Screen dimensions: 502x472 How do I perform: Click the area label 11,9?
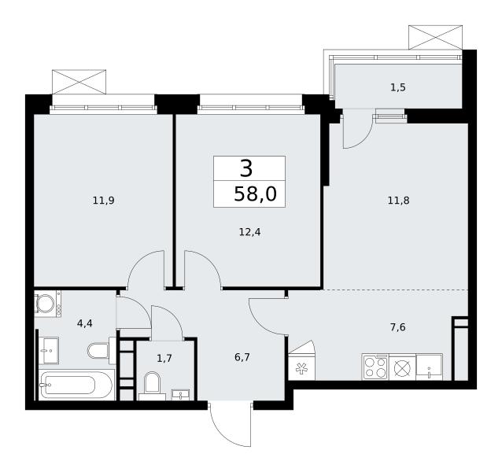pyautogui.click(x=103, y=201)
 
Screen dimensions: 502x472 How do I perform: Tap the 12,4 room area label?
pyautogui.click(x=249, y=232)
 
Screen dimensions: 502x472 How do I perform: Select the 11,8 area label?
pyautogui.click(x=398, y=201)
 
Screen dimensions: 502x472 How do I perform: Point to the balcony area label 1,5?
pyautogui.click(x=398, y=87)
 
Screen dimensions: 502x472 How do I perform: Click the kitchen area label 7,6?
pyautogui.click(x=398, y=327)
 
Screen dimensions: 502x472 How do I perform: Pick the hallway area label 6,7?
pyautogui.click(x=242, y=357)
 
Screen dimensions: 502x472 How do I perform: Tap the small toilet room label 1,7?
pyautogui.click(x=164, y=358)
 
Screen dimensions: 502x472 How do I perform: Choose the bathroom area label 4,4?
pyautogui.click(x=85, y=323)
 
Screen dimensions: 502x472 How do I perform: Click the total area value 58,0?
pyautogui.click(x=255, y=194)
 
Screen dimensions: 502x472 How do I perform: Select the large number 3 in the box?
pyautogui.click(x=246, y=168)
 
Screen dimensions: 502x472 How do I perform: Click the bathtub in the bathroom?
pyautogui.click(x=76, y=385)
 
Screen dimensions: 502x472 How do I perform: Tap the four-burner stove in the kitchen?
pyautogui.click(x=375, y=367)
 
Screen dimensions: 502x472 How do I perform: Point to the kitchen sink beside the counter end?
pyautogui.click(x=429, y=367)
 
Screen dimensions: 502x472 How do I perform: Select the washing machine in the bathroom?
pyautogui.click(x=47, y=304)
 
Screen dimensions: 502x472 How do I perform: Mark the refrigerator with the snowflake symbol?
pyautogui.click(x=301, y=367)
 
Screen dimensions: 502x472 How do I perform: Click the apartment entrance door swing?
pyautogui.click(x=230, y=425)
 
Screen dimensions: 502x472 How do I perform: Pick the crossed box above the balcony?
pyautogui.click(x=435, y=38)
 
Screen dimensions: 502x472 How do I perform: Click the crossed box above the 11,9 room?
pyautogui.click(x=79, y=82)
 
